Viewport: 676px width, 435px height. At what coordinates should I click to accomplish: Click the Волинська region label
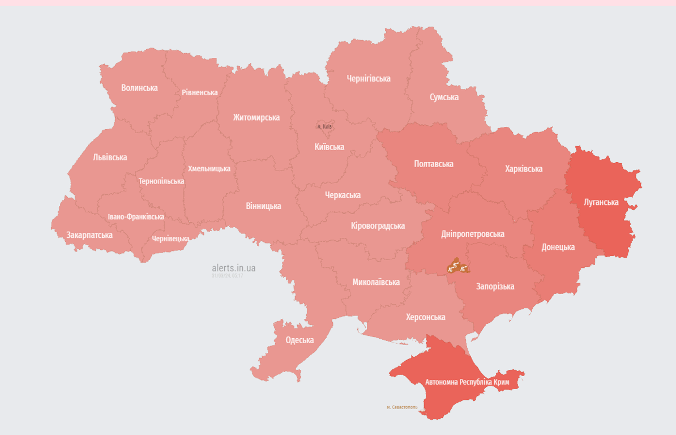pos(139,88)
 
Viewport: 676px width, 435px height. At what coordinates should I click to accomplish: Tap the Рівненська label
pos(199,92)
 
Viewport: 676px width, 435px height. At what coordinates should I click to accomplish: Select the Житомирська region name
pos(256,118)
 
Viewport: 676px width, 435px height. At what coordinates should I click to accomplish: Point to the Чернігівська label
pos(369,79)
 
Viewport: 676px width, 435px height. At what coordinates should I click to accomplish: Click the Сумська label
pos(444,97)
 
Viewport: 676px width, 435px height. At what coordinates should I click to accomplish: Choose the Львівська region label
pos(110,157)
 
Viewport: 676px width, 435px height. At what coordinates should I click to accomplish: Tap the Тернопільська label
pos(161,181)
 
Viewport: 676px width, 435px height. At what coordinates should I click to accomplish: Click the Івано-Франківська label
pos(136,217)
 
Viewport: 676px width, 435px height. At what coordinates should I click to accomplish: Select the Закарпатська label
pos(89,235)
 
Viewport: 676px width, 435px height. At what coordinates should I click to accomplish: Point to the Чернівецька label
pos(170,238)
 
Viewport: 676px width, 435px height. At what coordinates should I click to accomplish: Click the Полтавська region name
pos(434,164)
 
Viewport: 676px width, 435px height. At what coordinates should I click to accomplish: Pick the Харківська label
pos(524,169)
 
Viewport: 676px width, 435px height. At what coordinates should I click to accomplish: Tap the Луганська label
pos(601,202)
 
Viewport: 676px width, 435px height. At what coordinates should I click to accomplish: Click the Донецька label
pos(558,247)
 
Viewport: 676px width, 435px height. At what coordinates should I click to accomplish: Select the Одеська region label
pos(300,340)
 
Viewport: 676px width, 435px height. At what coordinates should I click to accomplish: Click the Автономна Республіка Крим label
pos(467,382)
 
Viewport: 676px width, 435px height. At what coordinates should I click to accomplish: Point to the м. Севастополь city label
pos(402,407)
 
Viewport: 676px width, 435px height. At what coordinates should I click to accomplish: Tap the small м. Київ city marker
pos(324,126)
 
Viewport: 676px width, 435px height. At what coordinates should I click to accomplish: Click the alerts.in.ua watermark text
pos(233,268)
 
